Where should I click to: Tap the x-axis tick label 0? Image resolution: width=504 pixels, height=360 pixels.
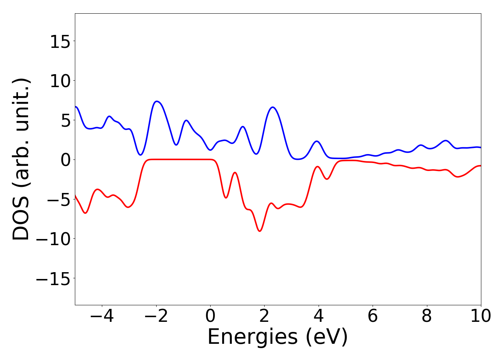point(210,316)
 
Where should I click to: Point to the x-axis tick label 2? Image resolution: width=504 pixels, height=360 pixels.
point(264,316)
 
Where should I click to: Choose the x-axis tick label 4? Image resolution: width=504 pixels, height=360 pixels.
point(318,316)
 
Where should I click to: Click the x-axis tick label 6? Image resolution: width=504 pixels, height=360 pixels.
point(373,316)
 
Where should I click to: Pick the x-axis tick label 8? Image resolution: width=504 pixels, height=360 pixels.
point(427,316)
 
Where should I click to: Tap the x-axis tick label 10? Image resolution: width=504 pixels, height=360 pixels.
point(480,316)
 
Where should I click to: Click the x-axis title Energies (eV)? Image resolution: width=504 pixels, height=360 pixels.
point(278,337)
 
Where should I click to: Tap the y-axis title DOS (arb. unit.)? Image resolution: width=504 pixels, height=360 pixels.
point(22,159)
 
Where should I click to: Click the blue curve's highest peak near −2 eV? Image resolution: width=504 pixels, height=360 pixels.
point(157,101)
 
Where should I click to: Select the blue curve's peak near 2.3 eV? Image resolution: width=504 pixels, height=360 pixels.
point(273,107)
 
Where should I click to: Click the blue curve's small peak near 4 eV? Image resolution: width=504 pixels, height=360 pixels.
point(317,141)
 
